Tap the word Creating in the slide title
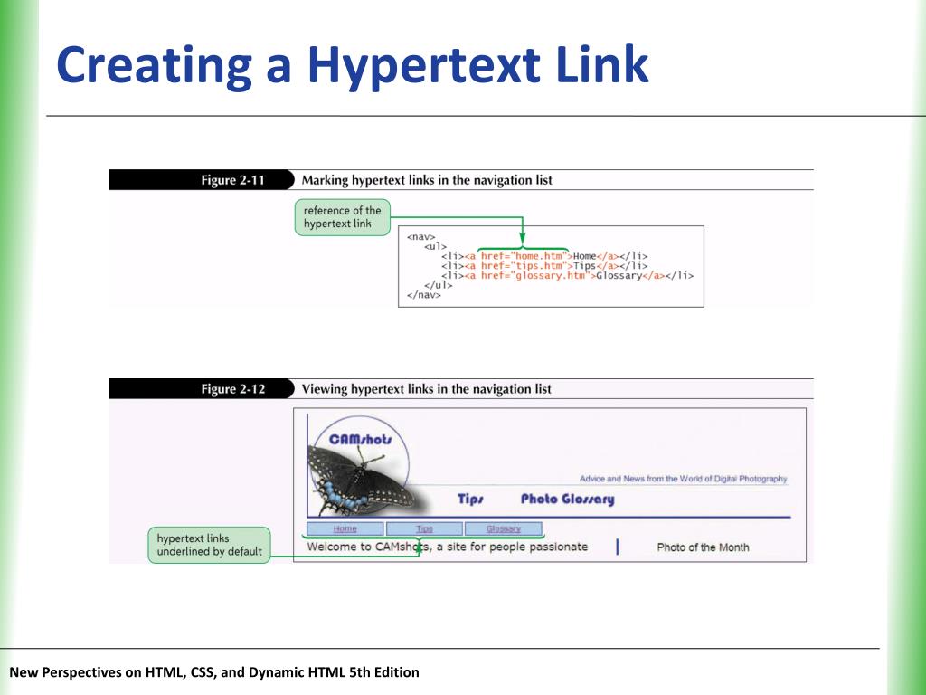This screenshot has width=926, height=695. point(154,66)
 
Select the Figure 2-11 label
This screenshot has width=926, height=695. point(232,180)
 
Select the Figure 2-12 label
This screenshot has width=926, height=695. point(232,389)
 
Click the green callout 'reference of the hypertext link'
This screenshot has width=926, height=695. point(342,217)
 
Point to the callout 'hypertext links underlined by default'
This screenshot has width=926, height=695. point(209,545)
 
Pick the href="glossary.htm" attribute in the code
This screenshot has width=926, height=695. point(533,275)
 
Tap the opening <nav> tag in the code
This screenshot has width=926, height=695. point(420,237)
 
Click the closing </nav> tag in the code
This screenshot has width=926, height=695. point(423,294)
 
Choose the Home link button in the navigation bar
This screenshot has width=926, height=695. point(345,529)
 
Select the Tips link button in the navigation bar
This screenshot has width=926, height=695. point(424,529)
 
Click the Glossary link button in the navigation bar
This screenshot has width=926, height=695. point(503,529)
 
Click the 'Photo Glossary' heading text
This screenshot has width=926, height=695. point(567,500)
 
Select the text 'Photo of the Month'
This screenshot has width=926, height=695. point(703,547)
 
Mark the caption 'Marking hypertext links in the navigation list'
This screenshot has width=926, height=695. point(427,180)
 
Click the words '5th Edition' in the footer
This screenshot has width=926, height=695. point(383,672)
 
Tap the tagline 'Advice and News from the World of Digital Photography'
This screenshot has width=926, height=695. point(683,479)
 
